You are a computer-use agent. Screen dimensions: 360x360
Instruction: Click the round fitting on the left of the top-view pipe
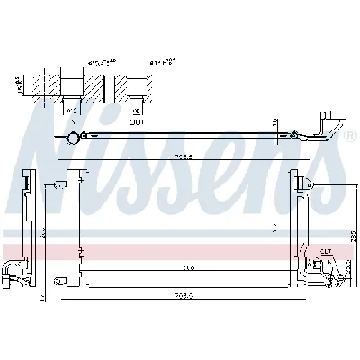tap(72, 137)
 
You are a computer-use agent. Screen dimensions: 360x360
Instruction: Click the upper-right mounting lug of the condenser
tap(307, 184)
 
